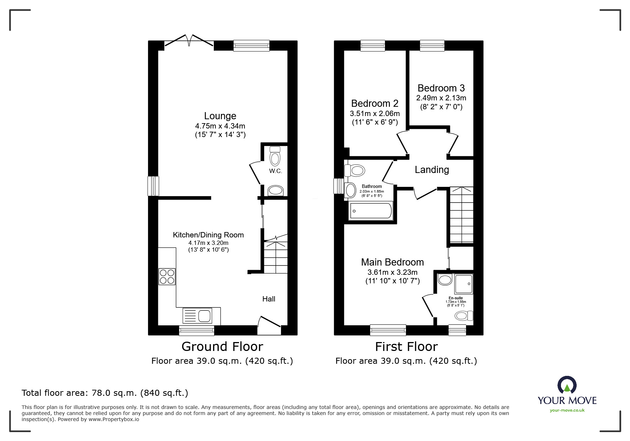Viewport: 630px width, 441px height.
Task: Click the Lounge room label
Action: [x=220, y=116]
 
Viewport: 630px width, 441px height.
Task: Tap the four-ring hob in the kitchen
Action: [x=167, y=277]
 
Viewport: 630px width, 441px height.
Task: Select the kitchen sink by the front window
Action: [x=197, y=316]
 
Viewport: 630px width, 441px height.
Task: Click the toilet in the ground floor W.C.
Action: [x=275, y=156]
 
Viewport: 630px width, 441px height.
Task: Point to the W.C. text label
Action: [x=275, y=171]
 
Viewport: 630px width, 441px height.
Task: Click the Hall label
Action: [x=269, y=299]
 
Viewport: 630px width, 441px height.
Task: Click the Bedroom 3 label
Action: [x=441, y=88]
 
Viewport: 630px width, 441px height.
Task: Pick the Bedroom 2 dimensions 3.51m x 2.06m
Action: [x=375, y=114]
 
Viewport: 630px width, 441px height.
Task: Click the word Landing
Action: [x=432, y=170]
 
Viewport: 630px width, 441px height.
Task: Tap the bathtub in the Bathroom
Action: [x=371, y=211]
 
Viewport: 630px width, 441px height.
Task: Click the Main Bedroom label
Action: [x=392, y=262]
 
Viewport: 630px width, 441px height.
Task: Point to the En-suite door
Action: [x=427, y=305]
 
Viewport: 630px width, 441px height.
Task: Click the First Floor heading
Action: [x=406, y=347]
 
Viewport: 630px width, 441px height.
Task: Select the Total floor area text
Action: [x=105, y=393]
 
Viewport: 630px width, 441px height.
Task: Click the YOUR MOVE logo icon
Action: [x=566, y=385]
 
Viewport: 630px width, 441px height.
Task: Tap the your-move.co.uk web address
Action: [x=567, y=410]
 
